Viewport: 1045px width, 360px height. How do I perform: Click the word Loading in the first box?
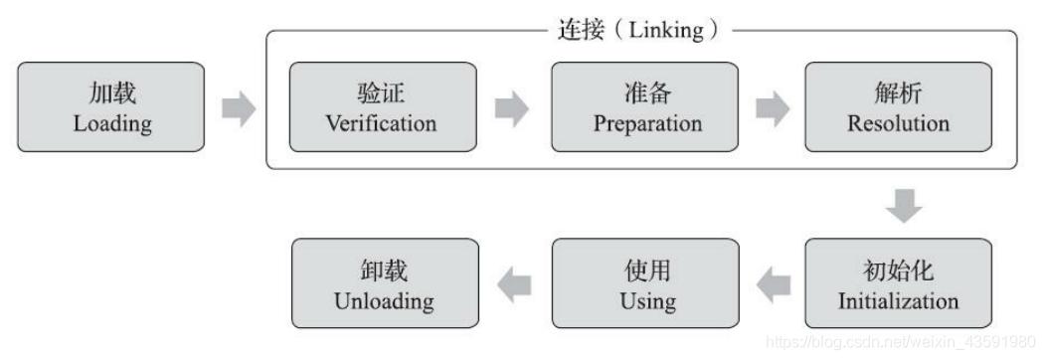click(x=111, y=123)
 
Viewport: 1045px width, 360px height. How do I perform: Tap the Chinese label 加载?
click(x=111, y=93)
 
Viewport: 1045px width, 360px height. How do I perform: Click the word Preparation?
click(x=647, y=123)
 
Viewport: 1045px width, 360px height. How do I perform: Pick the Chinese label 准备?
click(x=647, y=93)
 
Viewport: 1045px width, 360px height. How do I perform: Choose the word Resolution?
click(x=898, y=123)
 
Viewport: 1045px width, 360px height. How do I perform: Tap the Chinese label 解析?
click(x=898, y=93)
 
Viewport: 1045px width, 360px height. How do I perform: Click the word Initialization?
click(x=898, y=299)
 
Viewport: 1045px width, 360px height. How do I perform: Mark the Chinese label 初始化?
click(x=898, y=270)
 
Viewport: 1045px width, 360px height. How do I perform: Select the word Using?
click(x=647, y=299)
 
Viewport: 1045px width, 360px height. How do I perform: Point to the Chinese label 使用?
click(x=647, y=270)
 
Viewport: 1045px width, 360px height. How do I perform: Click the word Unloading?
click(x=383, y=299)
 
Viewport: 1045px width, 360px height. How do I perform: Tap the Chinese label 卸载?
click(x=383, y=270)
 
